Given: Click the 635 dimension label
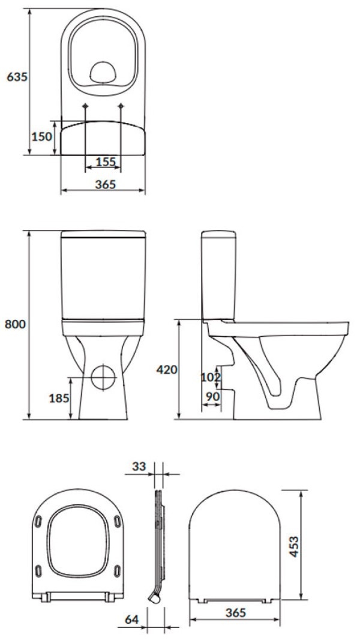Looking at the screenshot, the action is [x=17, y=76].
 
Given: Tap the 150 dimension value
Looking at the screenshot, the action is [x=42, y=136].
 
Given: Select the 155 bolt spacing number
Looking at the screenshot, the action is [x=106, y=162].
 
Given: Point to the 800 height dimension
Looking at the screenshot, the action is [x=14, y=324].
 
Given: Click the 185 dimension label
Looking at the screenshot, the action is [x=59, y=398].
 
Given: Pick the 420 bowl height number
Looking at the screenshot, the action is [x=167, y=370].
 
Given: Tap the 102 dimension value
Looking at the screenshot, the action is [x=211, y=377].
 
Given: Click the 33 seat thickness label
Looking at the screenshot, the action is [x=139, y=466].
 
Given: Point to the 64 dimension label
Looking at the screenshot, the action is [x=131, y=619].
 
